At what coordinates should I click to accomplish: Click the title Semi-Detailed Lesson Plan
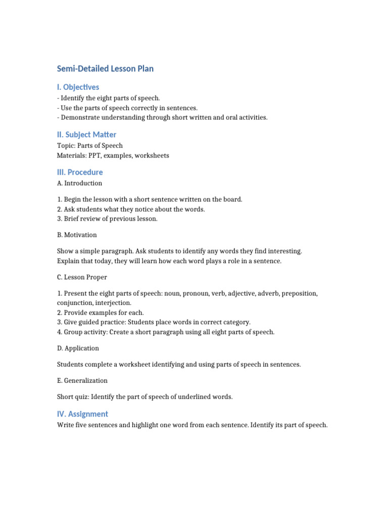pyautogui.click(x=105, y=69)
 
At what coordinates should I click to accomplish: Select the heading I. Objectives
pyautogui.click(x=78, y=87)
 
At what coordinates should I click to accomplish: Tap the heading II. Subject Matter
pyautogui.click(x=86, y=134)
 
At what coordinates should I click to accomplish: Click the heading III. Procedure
pyautogui.click(x=80, y=172)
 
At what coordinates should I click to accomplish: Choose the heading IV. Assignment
pyautogui.click(x=82, y=414)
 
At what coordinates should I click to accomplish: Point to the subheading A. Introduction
pyautogui.click(x=79, y=183)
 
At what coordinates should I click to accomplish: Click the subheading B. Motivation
pyautogui.click(x=77, y=235)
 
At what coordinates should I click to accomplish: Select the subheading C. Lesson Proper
pyautogui.click(x=82, y=277)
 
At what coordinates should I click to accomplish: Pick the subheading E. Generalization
pyautogui.click(x=82, y=381)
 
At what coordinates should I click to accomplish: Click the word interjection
pyautogui.click(x=114, y=303)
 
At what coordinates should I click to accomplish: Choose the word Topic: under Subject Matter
pyautogui.click(x=67, y=145)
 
